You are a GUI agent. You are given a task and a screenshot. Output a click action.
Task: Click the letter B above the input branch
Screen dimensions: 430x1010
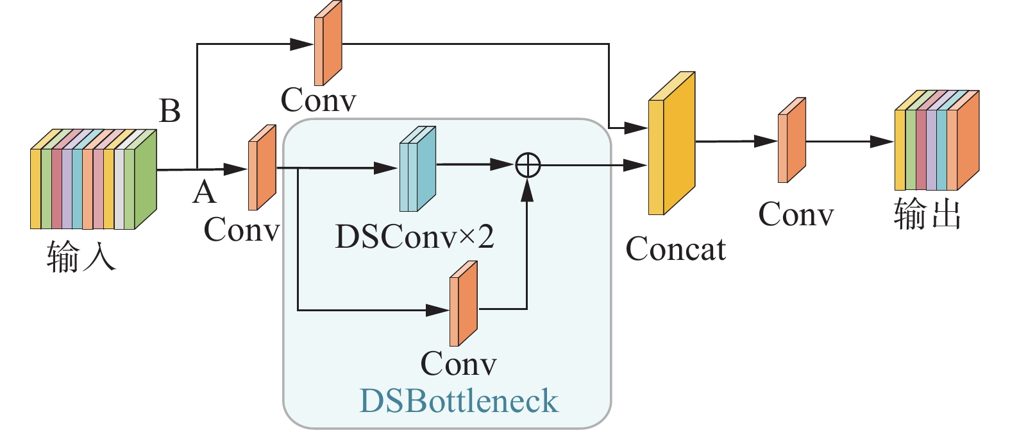pyautogui.click(x=170, y=111)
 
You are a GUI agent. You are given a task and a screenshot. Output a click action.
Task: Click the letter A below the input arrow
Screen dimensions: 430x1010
pyautogui.click(x=204, y=192)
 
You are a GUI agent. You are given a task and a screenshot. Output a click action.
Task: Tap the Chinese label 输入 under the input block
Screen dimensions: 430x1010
pyautogui.click(x=81, y=257)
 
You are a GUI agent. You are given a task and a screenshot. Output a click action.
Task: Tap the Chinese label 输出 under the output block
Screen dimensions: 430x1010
pyautogui.click(x=927, y=214)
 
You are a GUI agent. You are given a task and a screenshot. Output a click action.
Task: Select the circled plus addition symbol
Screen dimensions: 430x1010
pyautogui.click(x=528, y=166)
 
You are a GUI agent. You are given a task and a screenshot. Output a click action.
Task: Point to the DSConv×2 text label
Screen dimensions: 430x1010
pyautogui.click(x=414, y=237)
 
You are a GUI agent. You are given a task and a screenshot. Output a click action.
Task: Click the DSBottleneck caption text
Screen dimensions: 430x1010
pyautogui.click(x=459, y=401)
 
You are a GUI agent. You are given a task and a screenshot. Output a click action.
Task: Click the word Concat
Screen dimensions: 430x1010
pyautogui.click(x=675, y=250)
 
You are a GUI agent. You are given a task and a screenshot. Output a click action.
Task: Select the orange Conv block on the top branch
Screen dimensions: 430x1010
pyautogui.click(x=328, y=43)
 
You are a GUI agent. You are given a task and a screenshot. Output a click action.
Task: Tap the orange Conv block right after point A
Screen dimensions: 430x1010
pyautogui.click(x=262, y=168)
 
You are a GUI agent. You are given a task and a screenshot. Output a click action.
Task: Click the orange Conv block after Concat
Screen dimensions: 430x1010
pyautogui.click(x=791, y=141)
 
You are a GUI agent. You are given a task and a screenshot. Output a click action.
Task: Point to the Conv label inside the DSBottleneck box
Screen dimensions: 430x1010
pyautogui.click(x=459, y=364)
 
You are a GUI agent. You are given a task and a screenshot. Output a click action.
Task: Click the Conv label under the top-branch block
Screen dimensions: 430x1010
pyautogui.click(x=318, y=100)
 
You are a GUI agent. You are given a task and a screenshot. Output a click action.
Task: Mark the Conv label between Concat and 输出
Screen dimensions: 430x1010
pyautogui.click(x=796, y=214)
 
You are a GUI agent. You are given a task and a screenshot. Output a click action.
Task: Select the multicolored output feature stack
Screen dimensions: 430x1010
pyautogui.click(x=936, y=141)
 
